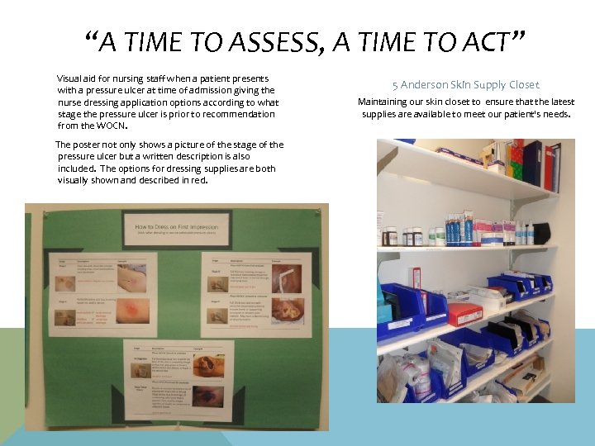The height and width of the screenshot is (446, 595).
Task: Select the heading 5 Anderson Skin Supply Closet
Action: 466,84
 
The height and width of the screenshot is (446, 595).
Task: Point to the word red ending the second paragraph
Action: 199,180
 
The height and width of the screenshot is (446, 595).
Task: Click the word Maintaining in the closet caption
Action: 385,102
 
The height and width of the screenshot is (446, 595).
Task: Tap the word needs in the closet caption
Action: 553,113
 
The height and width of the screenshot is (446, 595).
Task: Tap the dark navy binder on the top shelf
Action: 532,163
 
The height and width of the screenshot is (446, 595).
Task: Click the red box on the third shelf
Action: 464,314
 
